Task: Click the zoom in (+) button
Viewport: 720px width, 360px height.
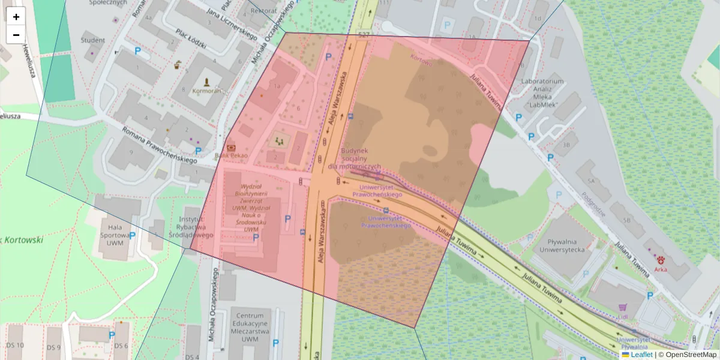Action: tap(16, 16)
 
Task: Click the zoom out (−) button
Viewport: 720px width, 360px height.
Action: tap(16, 35)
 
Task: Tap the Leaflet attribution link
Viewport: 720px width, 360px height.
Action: tap(641, 355)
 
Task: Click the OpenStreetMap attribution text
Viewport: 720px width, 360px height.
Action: tap(691, 355)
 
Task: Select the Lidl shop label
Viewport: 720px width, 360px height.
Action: tap(623, 316)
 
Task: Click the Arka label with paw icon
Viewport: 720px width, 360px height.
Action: tap(661, 269)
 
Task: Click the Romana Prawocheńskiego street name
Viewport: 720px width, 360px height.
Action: tap(160, 145)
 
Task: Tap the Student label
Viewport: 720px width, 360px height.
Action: tap(92, 41)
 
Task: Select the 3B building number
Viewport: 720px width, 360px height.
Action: tap(566, 145)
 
